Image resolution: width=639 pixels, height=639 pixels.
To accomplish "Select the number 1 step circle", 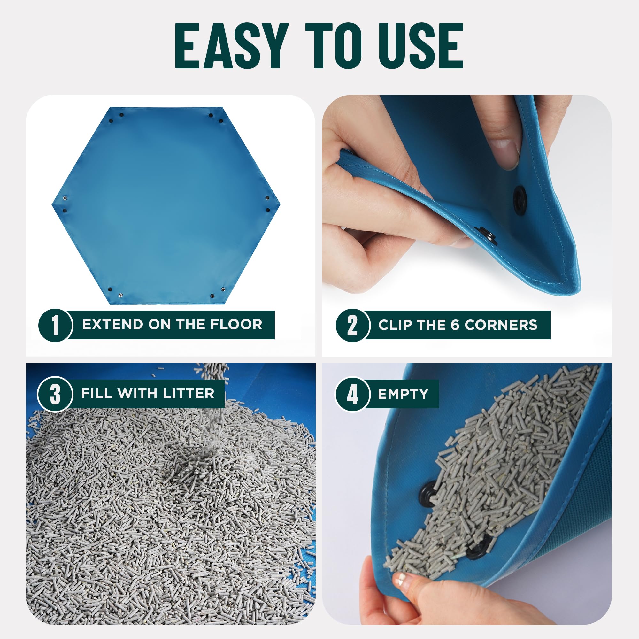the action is pyautogui.click(x=55, y=325).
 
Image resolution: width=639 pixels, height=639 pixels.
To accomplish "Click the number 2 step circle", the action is pyautogui.click(x=352, y=325).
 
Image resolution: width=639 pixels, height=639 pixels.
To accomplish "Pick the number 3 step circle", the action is pyautogui.click(x=55, y=394).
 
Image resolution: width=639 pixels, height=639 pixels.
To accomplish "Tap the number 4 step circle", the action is pyautogui.click(x=352, y=394).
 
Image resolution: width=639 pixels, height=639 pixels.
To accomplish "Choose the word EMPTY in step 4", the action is pyautogui.click(x=403, y=394).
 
